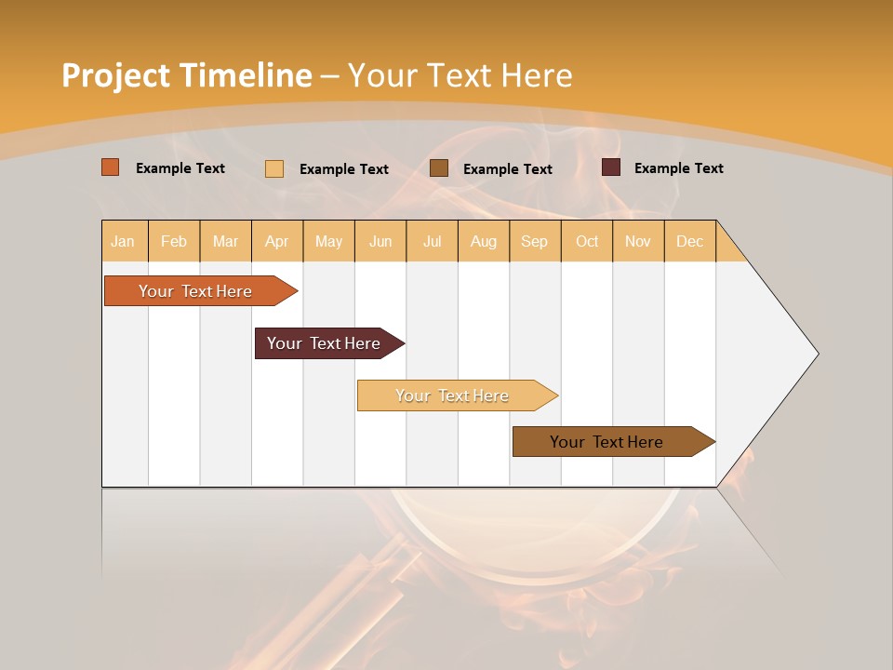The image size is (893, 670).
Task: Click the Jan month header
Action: coord(123,241)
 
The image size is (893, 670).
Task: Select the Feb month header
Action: coord(174,241)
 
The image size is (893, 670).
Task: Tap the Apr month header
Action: coord(277,241)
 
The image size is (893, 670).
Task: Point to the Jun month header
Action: coord(380,241)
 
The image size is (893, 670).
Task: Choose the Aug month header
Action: coord(484,241)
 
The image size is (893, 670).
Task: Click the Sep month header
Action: coord(535,241)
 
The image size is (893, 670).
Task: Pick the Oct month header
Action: coord(587,241)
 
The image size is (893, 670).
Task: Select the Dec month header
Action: coord(690,241)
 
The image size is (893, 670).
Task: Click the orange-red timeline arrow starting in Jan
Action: coord(195,291)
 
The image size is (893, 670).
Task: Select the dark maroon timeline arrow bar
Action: coord(325,343)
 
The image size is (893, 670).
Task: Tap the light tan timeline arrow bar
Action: coord(452,395)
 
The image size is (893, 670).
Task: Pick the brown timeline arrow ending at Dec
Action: coord(607,442)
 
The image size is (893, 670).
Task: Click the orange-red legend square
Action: coord(111,167)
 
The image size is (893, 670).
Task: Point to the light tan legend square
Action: coord(274,168)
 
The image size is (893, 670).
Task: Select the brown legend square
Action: coord(439,168)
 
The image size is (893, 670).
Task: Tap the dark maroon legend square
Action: coord(611,167)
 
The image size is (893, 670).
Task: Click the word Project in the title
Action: coord(115,75)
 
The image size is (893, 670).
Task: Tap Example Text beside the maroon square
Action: coord(678,167)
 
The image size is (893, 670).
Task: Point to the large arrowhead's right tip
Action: coord(817,354)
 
